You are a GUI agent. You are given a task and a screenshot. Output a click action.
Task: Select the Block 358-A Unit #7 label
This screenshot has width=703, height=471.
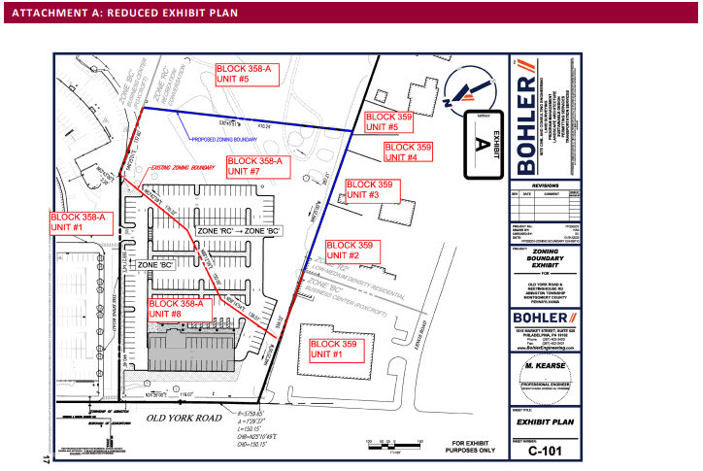255,166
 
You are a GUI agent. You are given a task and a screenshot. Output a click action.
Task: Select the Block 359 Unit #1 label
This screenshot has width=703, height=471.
335,349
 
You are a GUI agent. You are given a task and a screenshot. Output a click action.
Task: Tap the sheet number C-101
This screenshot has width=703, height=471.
545,452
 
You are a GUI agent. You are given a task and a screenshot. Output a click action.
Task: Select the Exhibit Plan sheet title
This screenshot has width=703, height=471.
545,424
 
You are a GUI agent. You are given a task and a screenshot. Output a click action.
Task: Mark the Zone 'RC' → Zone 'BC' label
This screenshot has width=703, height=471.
239,232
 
